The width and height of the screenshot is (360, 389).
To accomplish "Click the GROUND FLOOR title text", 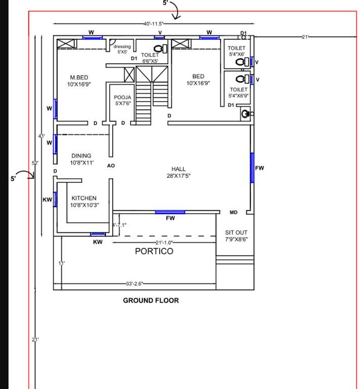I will point(151,300).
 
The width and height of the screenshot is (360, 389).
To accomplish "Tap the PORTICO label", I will point(154,251).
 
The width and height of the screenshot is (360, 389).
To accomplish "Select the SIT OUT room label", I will point(236,236).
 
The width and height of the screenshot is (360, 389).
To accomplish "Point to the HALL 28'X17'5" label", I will point(178,172).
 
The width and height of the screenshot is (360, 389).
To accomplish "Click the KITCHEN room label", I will point(84,201).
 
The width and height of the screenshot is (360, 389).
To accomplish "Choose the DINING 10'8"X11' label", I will point(81,159).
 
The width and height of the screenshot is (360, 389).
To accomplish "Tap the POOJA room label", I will point(122,100).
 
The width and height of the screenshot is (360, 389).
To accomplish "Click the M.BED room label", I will point(79,81).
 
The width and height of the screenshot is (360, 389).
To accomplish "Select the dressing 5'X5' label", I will point(122,49).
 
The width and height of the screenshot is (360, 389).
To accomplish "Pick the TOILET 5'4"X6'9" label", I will point(238,92).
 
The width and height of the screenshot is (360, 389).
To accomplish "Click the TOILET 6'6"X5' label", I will point(150,58).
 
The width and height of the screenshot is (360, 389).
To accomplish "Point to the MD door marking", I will point(233,212).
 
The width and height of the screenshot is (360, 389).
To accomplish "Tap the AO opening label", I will point(111,166).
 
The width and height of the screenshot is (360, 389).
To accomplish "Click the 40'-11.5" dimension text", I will point(153,24).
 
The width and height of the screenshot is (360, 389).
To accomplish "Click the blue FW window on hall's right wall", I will point(251,167).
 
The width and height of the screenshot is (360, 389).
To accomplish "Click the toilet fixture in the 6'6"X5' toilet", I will point(159,49).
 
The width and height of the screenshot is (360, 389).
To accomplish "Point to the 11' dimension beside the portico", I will point(61,263).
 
